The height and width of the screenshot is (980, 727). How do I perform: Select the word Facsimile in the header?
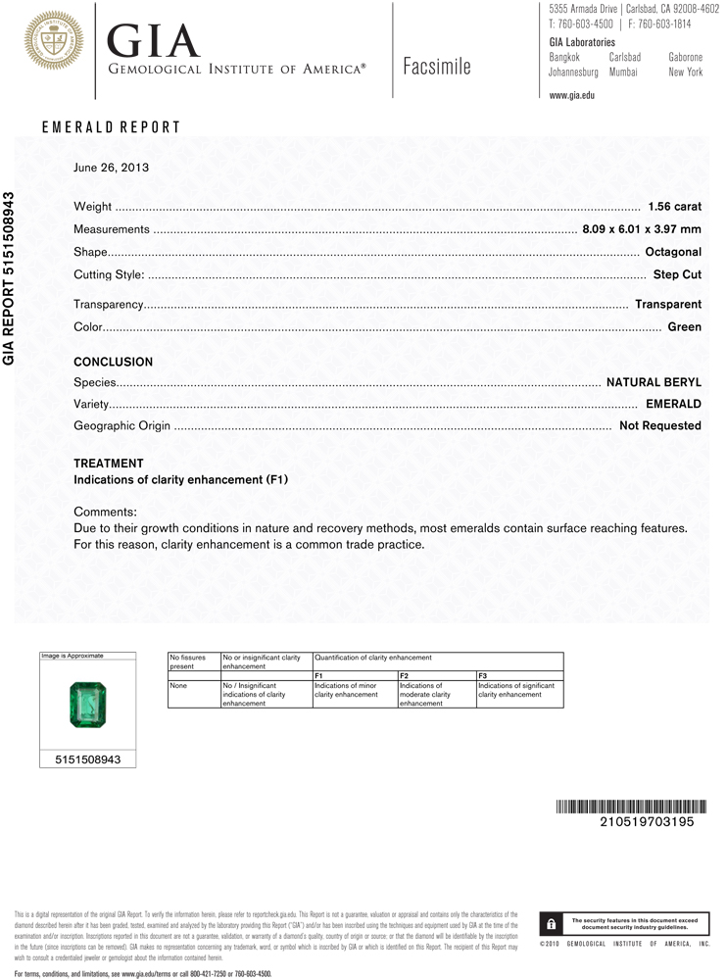pos(436,67)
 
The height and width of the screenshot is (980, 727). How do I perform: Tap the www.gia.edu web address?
pos(572,95)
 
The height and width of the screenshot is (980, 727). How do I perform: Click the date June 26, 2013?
pos(111,168)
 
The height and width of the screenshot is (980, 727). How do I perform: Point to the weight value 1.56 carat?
pos(674,207)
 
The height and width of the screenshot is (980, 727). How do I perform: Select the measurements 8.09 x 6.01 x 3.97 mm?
pos(642,229)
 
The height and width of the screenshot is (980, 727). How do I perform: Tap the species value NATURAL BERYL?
pos(654,382)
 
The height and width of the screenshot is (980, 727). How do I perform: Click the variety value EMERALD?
pos(673,404)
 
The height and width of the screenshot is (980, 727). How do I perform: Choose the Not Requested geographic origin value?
pos(659,426)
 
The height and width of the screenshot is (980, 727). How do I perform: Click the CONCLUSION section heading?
pos(113,362)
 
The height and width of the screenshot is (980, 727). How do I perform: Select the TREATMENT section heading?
pos(108,464)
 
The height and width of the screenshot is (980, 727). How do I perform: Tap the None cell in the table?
pos(177,686)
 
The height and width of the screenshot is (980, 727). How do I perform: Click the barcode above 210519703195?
pos(624,807)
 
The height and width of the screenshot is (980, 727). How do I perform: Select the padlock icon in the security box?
pos(553,924)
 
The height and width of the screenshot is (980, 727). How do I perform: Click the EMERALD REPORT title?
pos(111,127)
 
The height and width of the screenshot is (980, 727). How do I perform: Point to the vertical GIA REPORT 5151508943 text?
pos(10,277)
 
